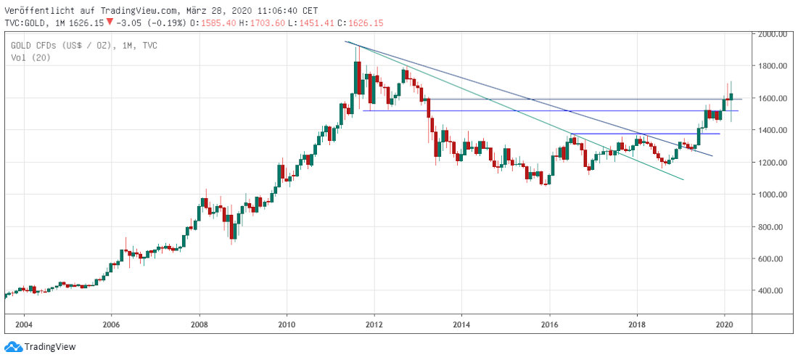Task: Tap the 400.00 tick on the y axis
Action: point(773,290)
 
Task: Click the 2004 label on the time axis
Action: point(24,324)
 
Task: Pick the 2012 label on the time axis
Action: point(374,324)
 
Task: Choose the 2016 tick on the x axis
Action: point(550,324)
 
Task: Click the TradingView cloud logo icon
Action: point(12,347)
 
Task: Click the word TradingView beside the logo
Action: point(50,347)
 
